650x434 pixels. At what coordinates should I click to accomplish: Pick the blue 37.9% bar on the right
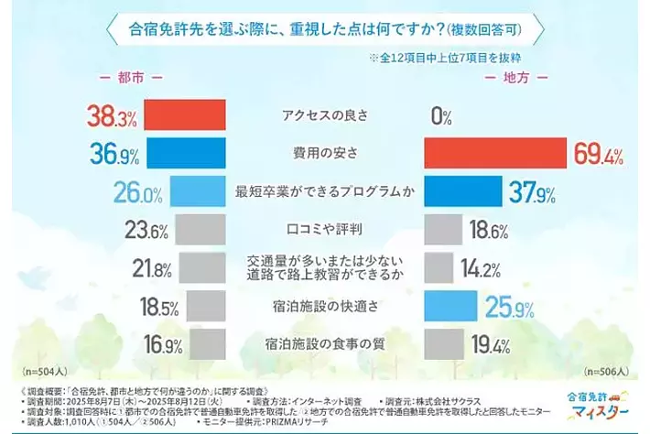click(463, 192)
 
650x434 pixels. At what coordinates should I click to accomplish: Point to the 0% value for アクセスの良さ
click(442, 116)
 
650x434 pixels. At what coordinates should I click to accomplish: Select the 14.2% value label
click(489, 269)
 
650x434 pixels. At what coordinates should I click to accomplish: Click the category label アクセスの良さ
click(324, 116)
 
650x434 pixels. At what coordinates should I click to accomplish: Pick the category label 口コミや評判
click(324, 230)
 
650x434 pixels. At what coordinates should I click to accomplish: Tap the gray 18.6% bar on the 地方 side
click(444, 230)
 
